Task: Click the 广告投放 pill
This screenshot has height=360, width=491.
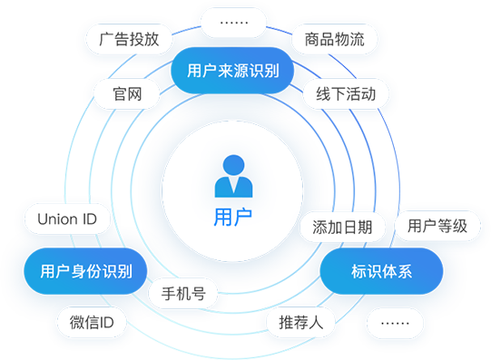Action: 129,39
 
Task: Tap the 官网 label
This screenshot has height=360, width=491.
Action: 126,93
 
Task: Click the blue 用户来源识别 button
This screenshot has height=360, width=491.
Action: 232,70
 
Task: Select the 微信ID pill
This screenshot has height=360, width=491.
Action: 91,322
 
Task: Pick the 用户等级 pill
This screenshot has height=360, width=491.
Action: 437,226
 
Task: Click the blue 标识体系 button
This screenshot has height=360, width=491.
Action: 382,271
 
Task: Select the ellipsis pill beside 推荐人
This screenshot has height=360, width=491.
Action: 395,322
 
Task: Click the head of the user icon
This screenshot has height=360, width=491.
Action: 232,165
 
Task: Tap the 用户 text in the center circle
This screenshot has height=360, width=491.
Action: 232,217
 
